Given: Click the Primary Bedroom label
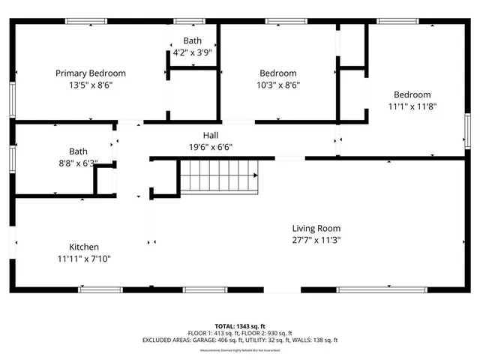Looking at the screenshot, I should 91,73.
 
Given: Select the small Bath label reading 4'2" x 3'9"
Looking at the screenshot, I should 192,53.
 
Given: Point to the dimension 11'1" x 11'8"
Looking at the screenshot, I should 412,106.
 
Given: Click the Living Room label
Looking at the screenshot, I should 316,229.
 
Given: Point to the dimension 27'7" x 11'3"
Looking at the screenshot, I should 316,240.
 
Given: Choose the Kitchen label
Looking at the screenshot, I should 84,247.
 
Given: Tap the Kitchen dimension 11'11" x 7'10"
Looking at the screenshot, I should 84,259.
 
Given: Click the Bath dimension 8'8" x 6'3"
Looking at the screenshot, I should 79,162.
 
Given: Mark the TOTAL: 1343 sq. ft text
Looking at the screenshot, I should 240,326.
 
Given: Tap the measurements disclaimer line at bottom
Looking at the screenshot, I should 240,347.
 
